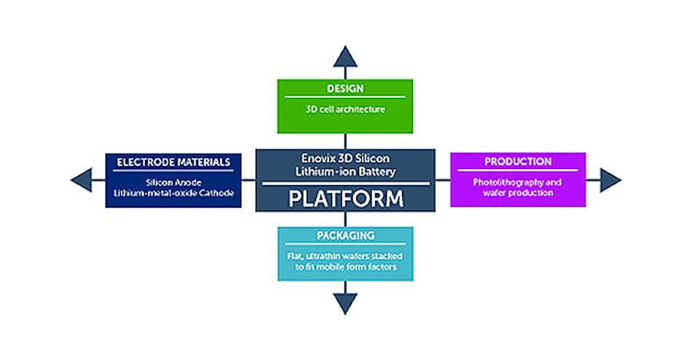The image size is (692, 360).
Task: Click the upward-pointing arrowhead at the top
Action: tap(345, 55)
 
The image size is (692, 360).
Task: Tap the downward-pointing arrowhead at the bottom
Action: tap(345, 303)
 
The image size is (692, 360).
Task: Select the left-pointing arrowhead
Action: tap(82, 179)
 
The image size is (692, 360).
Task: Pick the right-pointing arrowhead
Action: tap(610, 179)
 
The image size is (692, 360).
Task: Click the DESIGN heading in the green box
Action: tap(345, 89)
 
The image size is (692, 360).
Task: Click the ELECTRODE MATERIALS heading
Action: tap(173, 162)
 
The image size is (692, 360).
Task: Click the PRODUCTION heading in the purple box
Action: tap(518, 161)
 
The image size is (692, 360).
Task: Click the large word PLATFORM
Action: tap(345, 199)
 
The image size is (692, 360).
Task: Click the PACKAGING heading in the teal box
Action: tap(345, 236)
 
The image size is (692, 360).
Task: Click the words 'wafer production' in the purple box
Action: tap(518, 193)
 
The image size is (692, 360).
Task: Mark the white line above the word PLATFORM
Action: tap(345, 184)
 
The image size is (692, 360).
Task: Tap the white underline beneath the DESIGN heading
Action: tap(345, 97)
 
